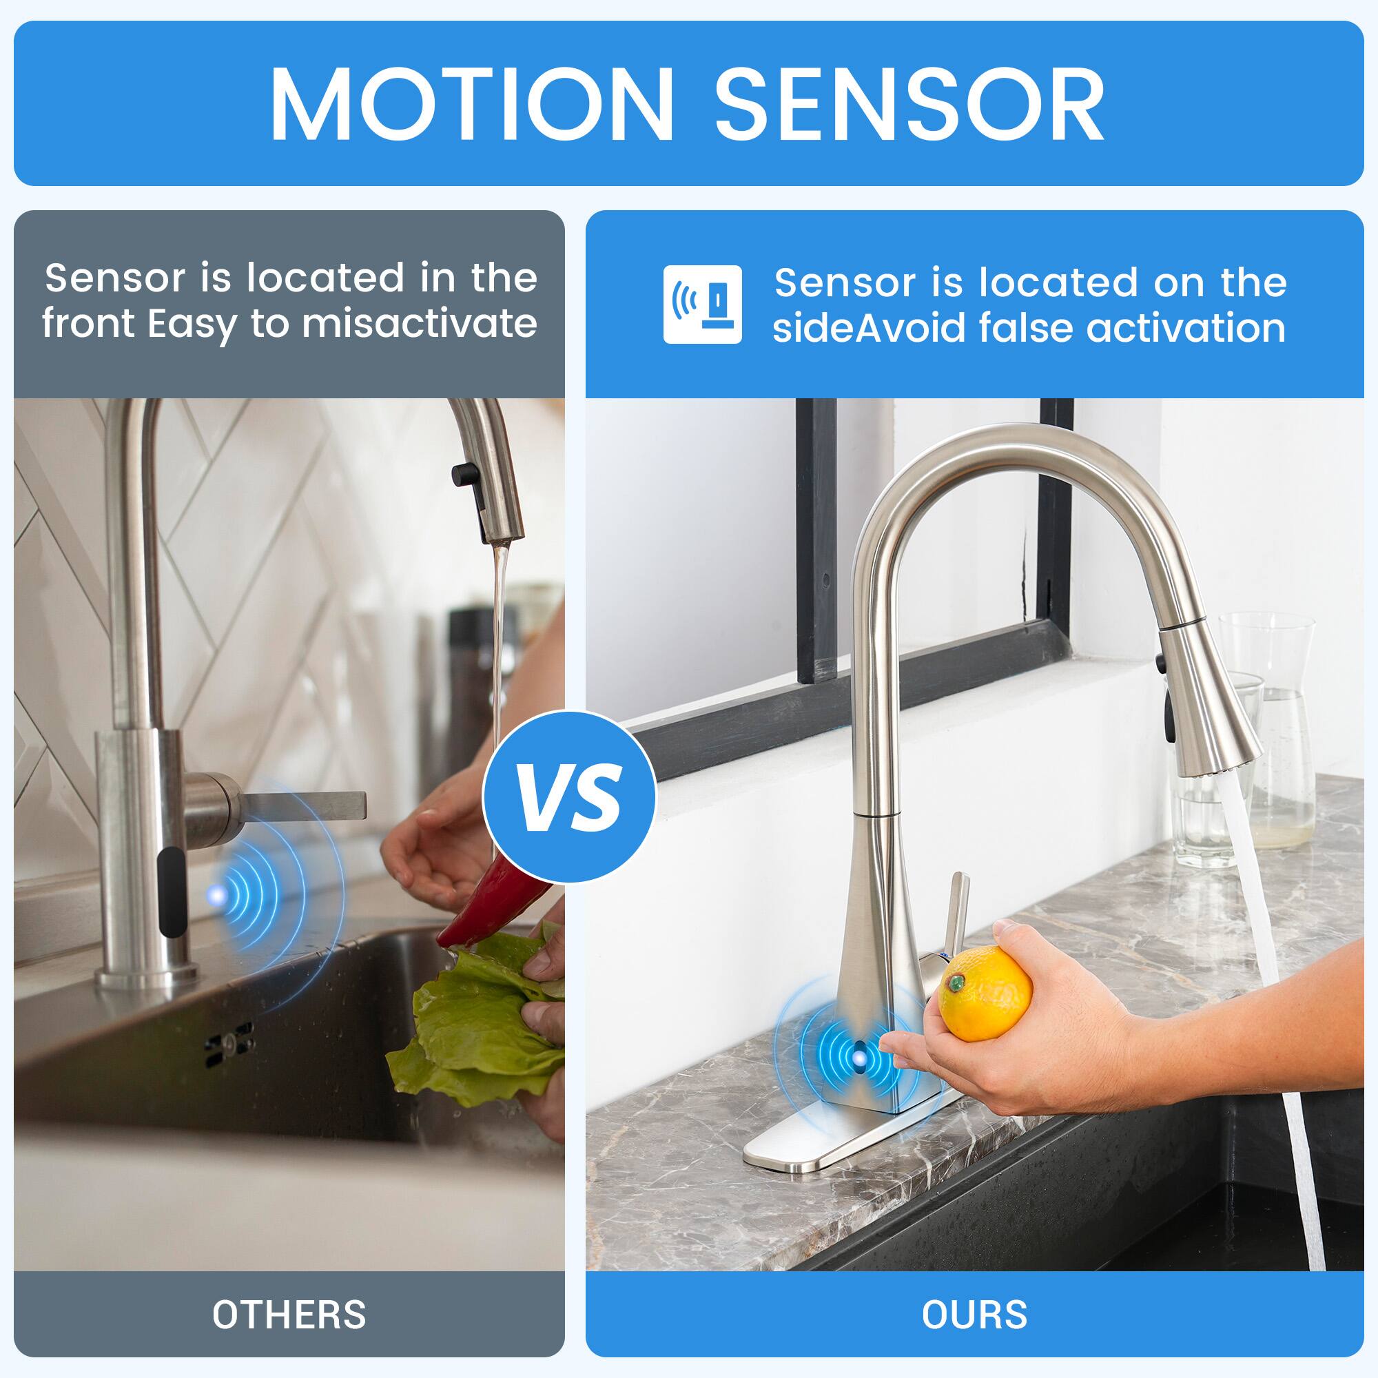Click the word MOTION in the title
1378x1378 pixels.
click(471, 105)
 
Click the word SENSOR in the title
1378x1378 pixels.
click(909, 105)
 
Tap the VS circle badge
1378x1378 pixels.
click(568, 796)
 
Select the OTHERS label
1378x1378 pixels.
click(289, 1315)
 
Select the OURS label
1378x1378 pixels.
click(974, 1315)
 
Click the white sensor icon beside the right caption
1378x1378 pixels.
click(702, 305)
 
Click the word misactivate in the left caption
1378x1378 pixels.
click(419, 325)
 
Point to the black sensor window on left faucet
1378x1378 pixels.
click(168, 892)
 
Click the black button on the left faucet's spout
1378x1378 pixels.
click(463, 473)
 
